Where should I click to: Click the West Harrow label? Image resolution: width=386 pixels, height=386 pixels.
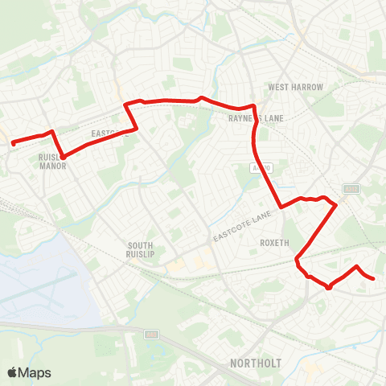(x=295, y=87)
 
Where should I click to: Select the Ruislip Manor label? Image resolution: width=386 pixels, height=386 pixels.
(x=51, y=162)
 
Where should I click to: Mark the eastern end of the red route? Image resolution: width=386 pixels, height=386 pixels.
(x=373, y=278)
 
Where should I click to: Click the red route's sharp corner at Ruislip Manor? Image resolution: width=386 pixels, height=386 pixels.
(x=63, y=155)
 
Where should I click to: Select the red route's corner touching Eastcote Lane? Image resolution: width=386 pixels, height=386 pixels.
(x=281, y=207)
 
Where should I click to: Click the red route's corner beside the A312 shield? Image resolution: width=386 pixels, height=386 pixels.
(x=335, y=204)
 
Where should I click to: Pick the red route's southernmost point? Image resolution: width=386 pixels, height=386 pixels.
(x=328, y=287)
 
